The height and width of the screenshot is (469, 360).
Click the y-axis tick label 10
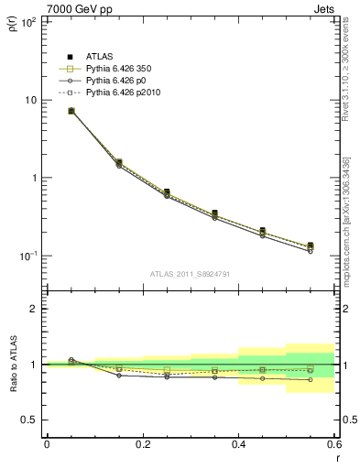pyautogui.click(x=31, y=100)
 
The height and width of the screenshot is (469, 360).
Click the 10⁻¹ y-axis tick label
pyautogui.click(x=28, y=256)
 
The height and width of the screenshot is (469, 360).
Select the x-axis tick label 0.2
pyautogui.click(x=143, y=443)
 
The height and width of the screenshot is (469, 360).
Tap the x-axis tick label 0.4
pyautogui.click(x=239, y=443)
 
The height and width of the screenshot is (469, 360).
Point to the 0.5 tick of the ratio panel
pyautogui.click(x=30, y=420)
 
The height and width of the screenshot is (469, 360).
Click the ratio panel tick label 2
pyautogui.click(x=34, y=309)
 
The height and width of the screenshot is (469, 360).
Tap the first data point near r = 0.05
pyautogui.click(x=71, y=111)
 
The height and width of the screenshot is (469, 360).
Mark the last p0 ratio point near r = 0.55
pyautogui.click(x=311, y=379)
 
